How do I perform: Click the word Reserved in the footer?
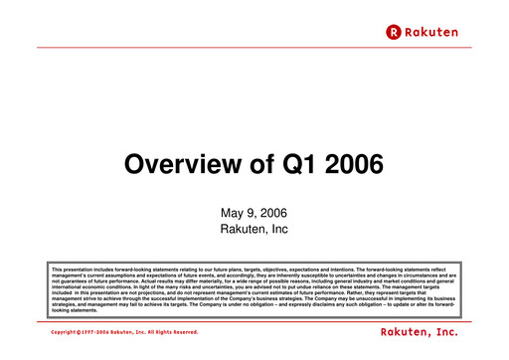pyautogui.click(x=184, y=331)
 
